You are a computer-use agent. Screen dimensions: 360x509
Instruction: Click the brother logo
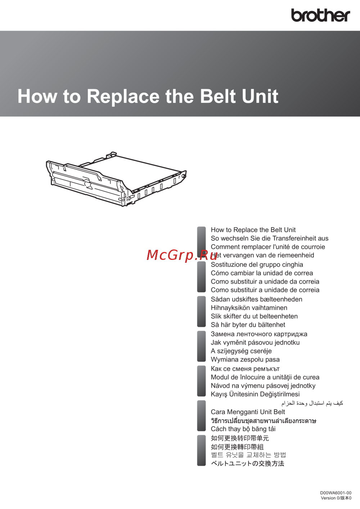point(320,15)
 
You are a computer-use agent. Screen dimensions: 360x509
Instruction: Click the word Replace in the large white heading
point(123,96)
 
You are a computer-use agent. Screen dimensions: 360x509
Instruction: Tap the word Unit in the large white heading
point(260,96)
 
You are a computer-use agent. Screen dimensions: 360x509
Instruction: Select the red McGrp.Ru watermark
point(182,255)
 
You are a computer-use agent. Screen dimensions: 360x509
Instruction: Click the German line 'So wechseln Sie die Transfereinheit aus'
point(270,238)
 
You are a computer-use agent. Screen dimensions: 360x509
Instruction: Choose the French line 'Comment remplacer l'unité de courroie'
point(268,247)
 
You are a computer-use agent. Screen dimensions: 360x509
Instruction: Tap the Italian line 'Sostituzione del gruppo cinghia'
point(257,265)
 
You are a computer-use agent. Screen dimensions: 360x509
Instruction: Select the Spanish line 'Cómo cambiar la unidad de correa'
point(262,273)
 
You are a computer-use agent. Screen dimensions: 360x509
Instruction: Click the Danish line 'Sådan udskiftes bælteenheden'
point(257,299)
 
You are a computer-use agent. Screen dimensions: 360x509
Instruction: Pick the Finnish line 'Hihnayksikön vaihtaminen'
point(249,308)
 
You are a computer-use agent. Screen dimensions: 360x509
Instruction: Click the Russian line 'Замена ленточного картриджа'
point(259,334)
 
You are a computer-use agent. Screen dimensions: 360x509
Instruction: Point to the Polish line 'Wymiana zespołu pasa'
point(245,360)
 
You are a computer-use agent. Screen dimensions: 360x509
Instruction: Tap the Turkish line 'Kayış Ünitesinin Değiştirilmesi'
point(255,394)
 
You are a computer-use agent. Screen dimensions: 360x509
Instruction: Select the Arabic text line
point(312,403)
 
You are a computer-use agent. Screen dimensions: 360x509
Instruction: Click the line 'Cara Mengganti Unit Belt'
point(248,412)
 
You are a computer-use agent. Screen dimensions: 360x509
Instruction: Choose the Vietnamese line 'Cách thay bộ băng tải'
point(243,429)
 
